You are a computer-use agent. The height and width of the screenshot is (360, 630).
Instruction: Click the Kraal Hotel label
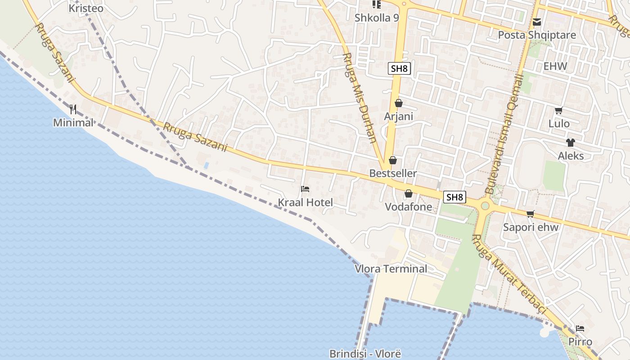(305, 202)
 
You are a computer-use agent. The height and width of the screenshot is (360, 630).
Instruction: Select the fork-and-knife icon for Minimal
(73, 109)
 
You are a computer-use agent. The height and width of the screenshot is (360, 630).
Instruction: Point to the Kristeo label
(86, 8)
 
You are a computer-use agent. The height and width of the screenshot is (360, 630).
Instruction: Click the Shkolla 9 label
(377, 18)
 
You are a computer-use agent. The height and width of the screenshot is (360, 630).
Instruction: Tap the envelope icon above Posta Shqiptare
(536, 22)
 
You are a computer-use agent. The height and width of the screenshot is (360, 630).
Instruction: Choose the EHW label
(555, 66)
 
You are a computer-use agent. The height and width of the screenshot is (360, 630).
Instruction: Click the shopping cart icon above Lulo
(558, 110)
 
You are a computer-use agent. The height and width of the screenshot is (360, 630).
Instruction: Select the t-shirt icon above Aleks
(571, 143)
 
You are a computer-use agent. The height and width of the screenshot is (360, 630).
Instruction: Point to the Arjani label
(398, 117)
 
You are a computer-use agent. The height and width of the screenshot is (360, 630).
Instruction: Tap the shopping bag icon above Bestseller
(392, 160)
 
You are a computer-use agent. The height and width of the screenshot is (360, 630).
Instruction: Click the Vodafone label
(408, 207)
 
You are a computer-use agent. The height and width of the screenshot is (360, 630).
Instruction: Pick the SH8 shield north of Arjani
(399, 68)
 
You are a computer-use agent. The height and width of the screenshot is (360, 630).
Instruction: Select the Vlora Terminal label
(391, 269)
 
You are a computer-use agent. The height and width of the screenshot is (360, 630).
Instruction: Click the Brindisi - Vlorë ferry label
(365, 354)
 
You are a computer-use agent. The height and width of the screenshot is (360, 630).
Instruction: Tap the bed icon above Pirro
(580, 328)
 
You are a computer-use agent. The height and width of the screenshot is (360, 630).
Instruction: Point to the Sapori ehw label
(531, 227)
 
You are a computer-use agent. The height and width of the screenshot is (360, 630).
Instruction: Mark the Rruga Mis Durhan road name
(359, 97)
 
